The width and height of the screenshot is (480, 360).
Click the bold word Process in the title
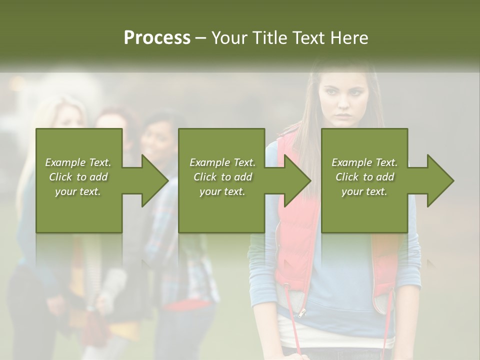[157, 38]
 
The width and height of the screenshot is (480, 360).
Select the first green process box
[79, 210]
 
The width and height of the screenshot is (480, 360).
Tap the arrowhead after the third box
[439, 180]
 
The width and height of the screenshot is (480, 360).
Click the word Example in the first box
[65, 162]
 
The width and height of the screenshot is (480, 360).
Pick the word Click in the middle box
[205, 176]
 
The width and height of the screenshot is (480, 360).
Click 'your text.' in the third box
[364, 191]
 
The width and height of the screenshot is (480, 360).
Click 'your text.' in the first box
[78, 191]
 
